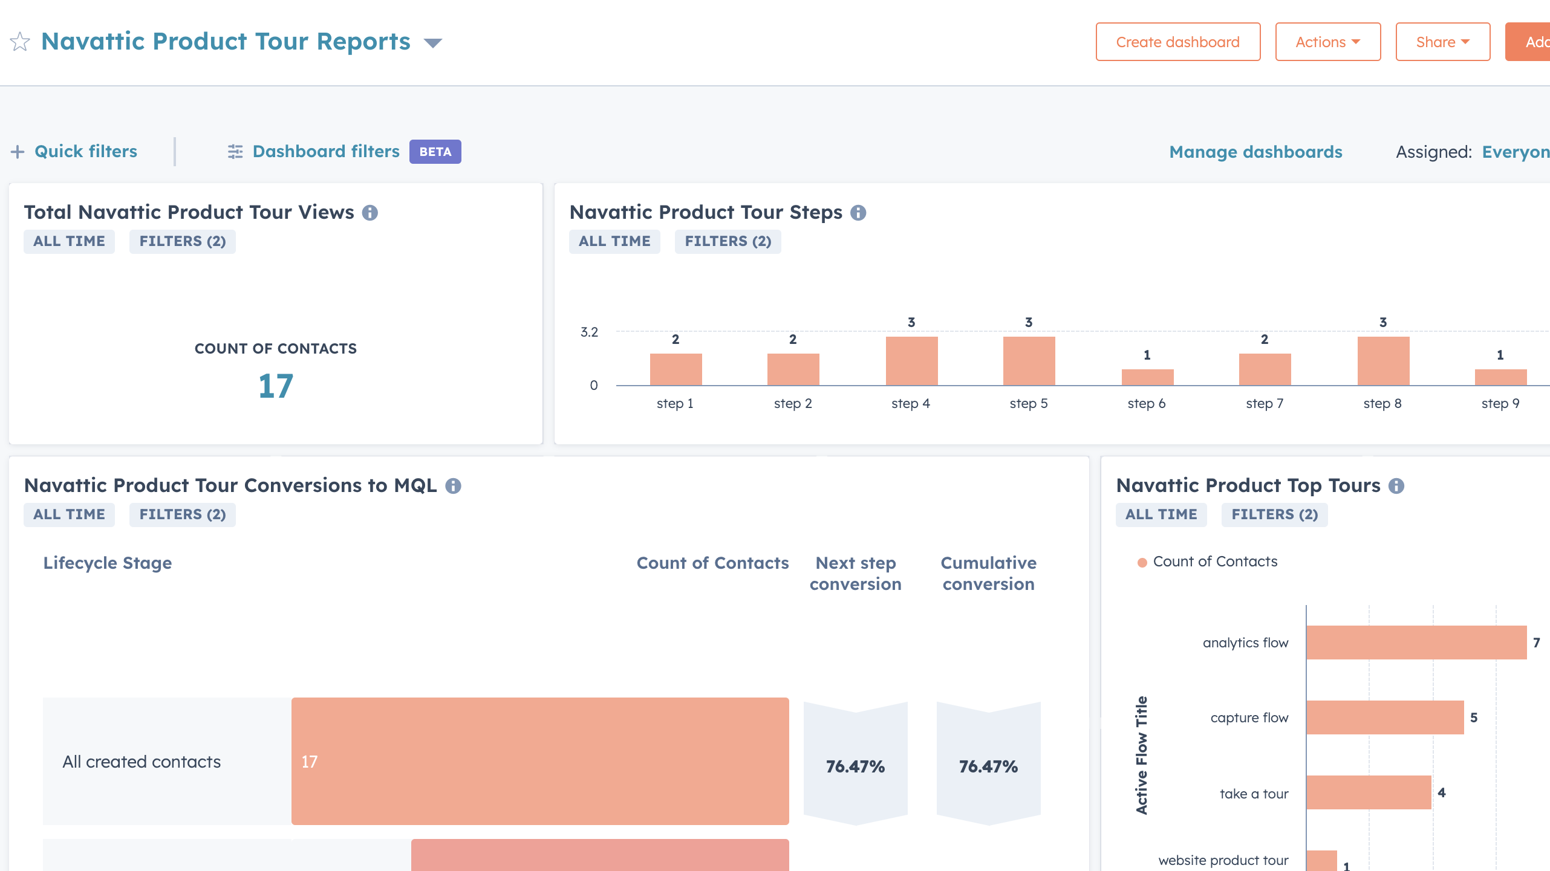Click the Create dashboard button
(1177, 42)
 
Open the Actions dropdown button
(1327, 42)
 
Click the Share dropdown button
(1442, 42)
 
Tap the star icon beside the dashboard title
(20, 42)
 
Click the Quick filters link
(85, 151)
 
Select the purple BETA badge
(435, 152)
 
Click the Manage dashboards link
(1255, 152)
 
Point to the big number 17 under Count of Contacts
(276, 386)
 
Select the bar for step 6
(1147, 377)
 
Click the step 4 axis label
(910, 403)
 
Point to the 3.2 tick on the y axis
(589, 332)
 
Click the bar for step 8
(1383, 361)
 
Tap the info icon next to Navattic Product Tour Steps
(858, 213)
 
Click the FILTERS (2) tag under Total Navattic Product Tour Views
(182, 241)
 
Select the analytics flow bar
(1416, 642)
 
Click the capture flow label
(1249, 717)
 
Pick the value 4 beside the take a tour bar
(1442, 792)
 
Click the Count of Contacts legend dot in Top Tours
(1142, 563)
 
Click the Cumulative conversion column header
(988, 573)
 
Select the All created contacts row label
(142, 762)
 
